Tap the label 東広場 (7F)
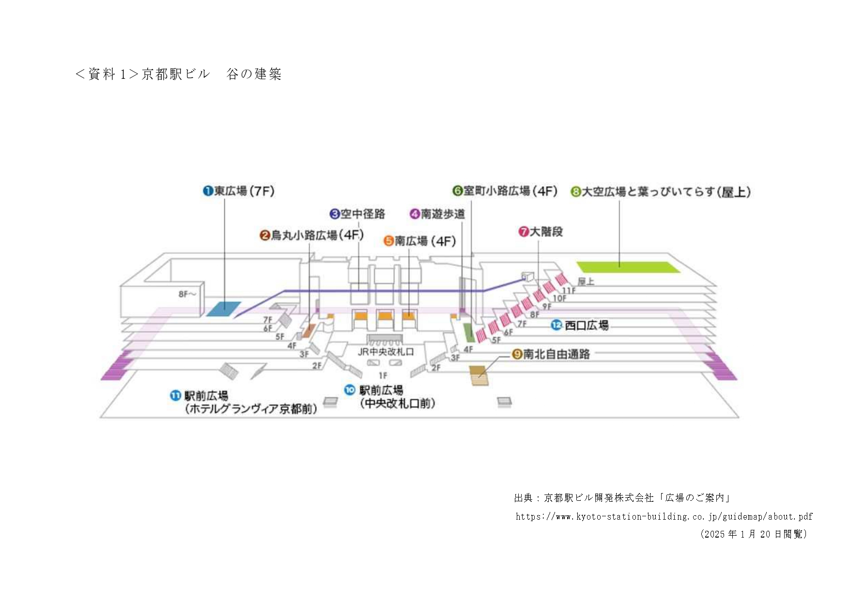click(239, 191)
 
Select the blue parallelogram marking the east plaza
click(224, 309)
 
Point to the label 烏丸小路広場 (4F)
click(312, 236)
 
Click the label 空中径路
click(358, 214)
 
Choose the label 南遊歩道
click(437, 214)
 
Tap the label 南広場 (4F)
click(420, 241)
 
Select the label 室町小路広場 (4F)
click(505, 191)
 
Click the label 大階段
click(541, 232)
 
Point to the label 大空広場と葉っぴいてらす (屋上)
click(661, 192)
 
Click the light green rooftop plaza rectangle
click(628, 267)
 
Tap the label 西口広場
click(580, 326)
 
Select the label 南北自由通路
click(551, 354)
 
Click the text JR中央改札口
click(386, 352)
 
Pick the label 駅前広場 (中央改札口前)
click(390, 397)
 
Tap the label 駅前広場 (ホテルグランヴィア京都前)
click(245, 403)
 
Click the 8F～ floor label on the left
click(187, 294)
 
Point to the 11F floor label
click(569, 290)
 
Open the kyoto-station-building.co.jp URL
click(664, 517)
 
